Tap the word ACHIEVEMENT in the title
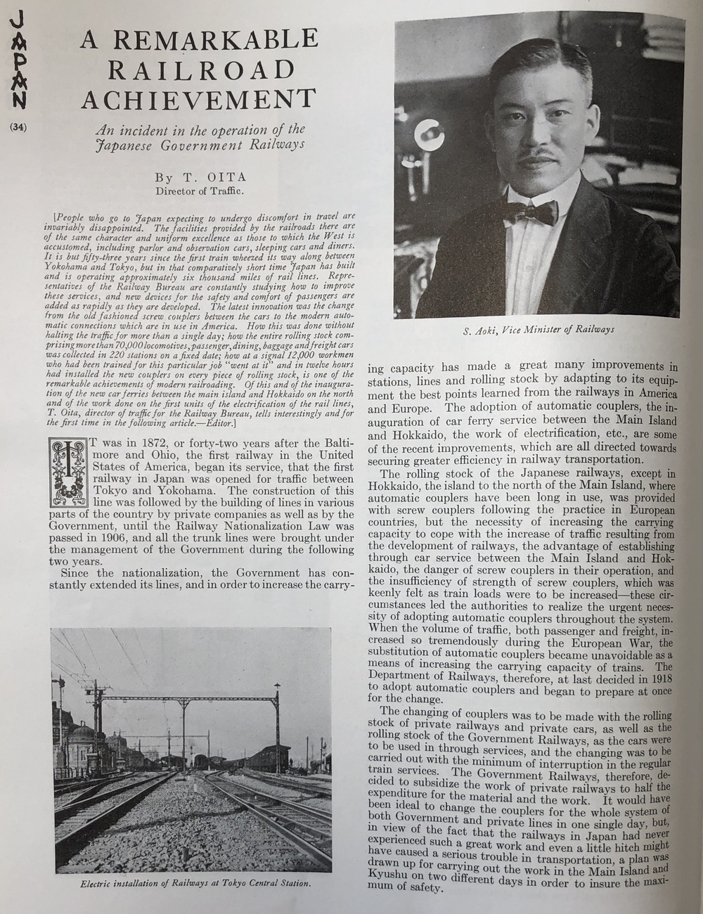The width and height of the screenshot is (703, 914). point(198,99)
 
